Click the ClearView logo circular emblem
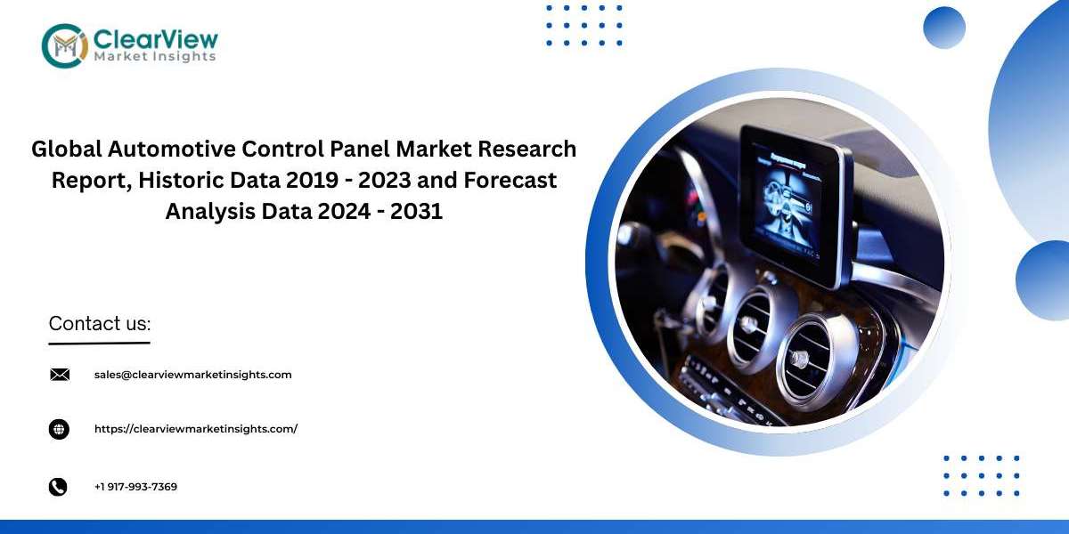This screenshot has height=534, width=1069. pyautogui.click(x=65, y=45)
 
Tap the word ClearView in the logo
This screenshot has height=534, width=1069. pyautogui.click(x=156, y=39)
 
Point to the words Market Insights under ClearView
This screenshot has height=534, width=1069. pyautogui.click(x=155, y=57)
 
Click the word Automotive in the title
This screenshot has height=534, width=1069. pyautogui.click(x=171, y=149)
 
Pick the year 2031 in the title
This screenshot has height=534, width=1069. pyautogui.click(x=417, y=211)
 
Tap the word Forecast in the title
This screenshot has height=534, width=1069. pyautogui.click(x=510, y=180)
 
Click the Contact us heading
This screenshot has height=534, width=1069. pyautogui.click(x=100, y=323)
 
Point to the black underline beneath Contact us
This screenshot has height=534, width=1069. pyautogui.click(x=99, y=343)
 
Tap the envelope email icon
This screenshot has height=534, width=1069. pyautogui.click(x=60, y=375)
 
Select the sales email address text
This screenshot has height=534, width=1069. pyautogui.click(x=192, y=375)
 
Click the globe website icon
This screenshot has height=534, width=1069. pyautogui.click(x=59, y=429)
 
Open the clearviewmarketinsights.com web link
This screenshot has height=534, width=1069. pyautogui.click(x=196, y=429)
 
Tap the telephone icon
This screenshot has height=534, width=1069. pyautogui.click(x=58, y=487)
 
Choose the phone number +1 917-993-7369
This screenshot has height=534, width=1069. pyautogui.click(x=135, y=487)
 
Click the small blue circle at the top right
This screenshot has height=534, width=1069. pyautogui.click(x=944, y=28)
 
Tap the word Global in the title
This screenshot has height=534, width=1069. pyautogui.click(x=67, y=149)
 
